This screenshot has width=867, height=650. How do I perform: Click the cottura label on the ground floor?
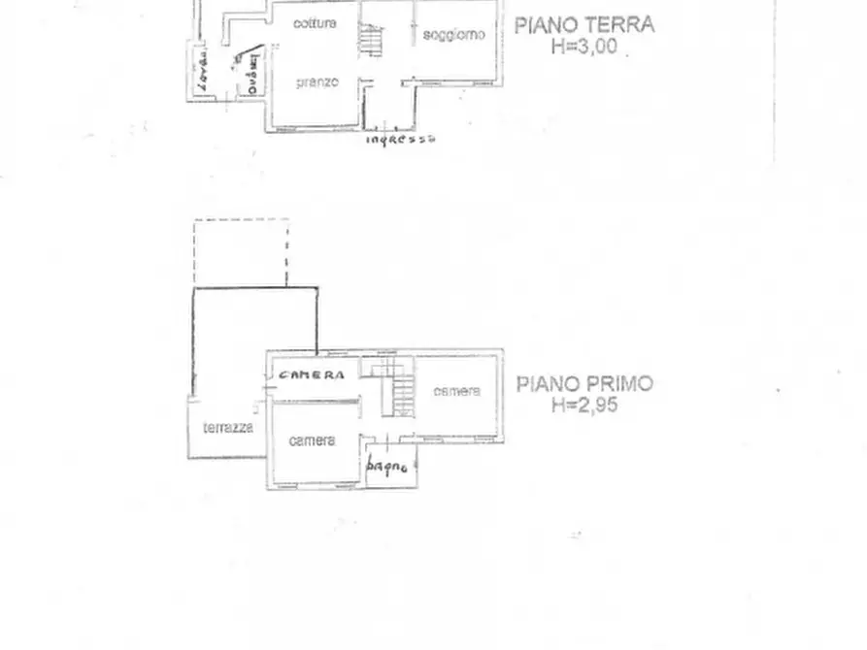click(x=315, y=23)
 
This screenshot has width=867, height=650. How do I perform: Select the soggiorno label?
click(x=453, y=35)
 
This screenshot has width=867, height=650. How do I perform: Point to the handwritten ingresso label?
click(x=400, y=139)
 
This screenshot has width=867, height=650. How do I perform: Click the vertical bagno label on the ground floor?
click(x=251, y=73)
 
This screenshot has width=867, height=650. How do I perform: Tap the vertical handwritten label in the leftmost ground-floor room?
click(x=202, y=72)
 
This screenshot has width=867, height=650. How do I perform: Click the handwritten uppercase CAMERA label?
click(x=312, y=375)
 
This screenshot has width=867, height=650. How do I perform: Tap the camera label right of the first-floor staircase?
click(x=456, y=391)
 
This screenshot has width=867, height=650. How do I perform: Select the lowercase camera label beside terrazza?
click(x=313, y=440)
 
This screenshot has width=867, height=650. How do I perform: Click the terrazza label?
click(x=228, y=427)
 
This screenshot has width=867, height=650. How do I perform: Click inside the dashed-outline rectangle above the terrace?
click(x=240, y=252)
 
